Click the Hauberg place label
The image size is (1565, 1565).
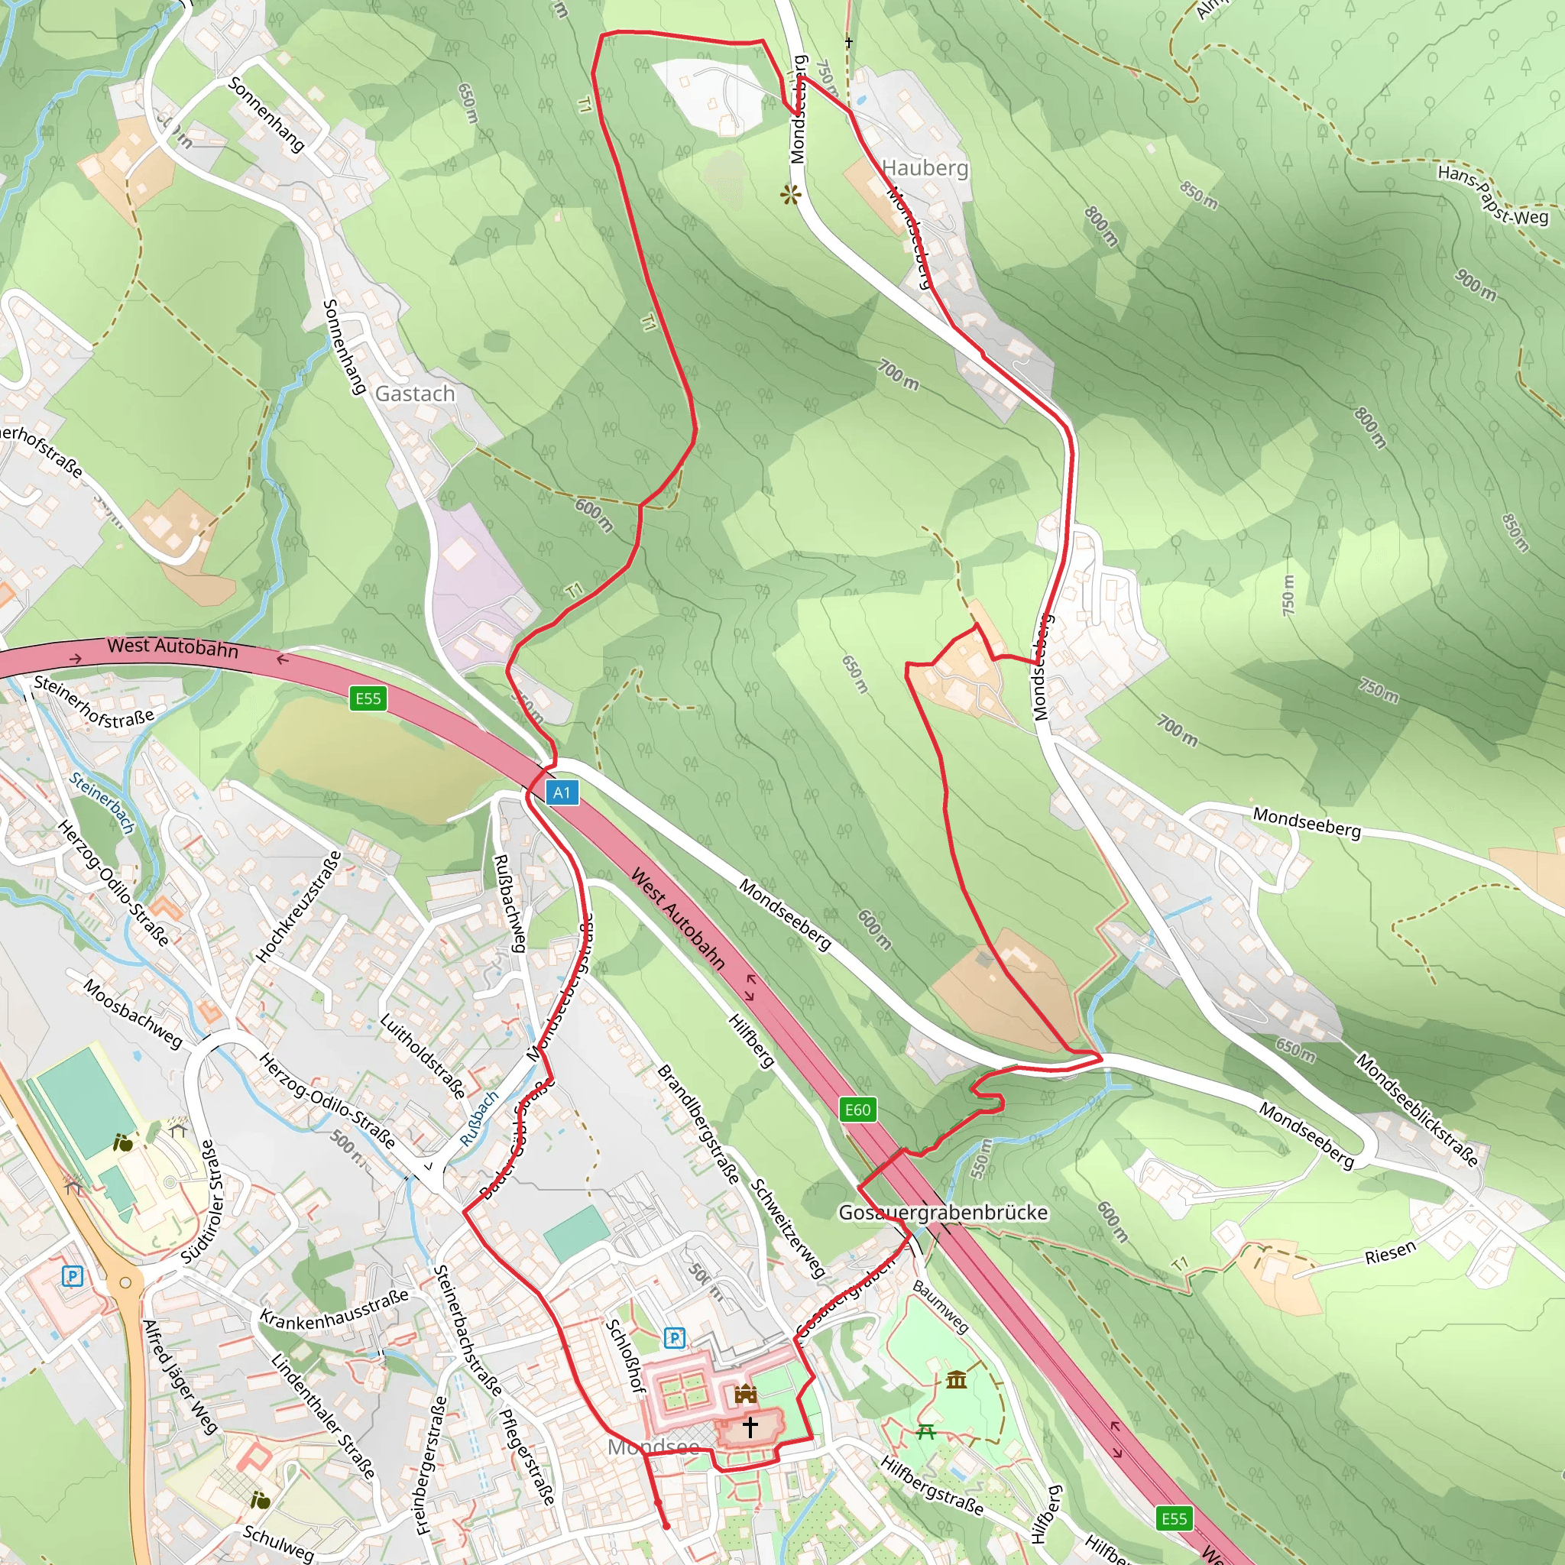point(925,167)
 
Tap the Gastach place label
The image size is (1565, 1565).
point(415,394)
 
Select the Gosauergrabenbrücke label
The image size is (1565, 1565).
point(943,1212)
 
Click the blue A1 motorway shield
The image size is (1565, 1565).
point(562,792)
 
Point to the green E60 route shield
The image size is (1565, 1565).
point(857,1109)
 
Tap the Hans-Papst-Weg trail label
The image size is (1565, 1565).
point(1492,194)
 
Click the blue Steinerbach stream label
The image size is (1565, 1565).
point(102,802)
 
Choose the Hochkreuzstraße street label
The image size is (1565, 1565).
point(298,906)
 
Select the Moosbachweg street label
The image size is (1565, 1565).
point(134,1013)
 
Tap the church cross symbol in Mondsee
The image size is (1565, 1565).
point(750,1427)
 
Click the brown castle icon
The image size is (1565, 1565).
point(745,1393)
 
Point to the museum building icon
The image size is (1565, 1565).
point(956,1379)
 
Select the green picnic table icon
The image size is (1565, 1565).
point(926,1432)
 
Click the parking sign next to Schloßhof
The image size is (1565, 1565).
point(674,1337)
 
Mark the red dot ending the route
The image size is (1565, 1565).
point(666,1526)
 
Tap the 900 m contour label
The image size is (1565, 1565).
point(1475,284)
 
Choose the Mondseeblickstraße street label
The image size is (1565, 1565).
point(1417,1109)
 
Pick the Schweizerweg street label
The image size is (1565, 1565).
point(787,1229)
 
